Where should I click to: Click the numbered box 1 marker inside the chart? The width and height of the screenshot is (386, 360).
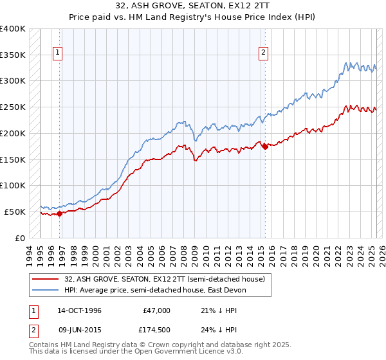pyautogui.click(x=59, y=53)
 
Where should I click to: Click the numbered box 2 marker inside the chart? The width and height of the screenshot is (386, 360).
pyautogui.click(x=264, y=53)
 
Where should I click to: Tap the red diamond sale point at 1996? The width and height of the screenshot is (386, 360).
pyautogui.click(x=59, y=213)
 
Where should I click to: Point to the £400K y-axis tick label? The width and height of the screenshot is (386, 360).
pyautogui.click(x=13, y=29)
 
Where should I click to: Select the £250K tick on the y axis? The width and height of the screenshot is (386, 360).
pyautogui.click(x=13, y=107)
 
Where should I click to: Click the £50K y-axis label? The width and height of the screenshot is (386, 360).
pyautogui.click(x=15, y=212)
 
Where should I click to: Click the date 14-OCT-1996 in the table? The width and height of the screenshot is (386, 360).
pyautogui.click(x=80, y=310)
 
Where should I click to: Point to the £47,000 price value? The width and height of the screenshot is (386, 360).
pyautogui.click(x=156, y=310)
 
